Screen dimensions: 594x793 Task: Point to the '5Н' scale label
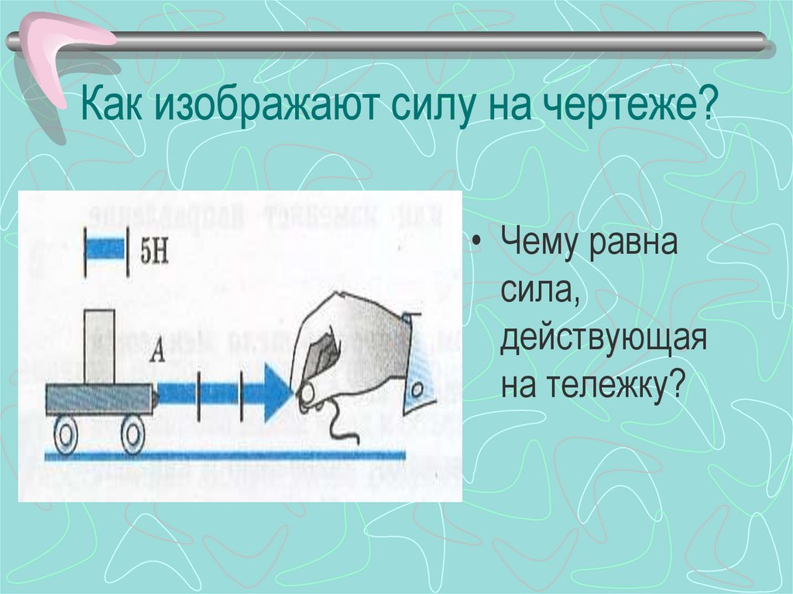pyautogui.click(x=153, y=251)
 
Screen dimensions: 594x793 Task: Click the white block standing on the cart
pyautogui.click(x=99, y=345)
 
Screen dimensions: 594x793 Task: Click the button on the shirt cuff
pyautogui.click(x=419, y=386)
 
